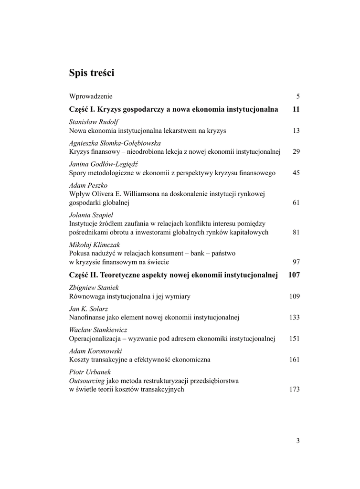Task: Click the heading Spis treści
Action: tap(92, 74)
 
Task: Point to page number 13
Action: tap(296, 130)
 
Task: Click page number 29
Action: tap(296, 151)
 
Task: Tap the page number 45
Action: tap(296, 172)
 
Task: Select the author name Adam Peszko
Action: tap(88, 185)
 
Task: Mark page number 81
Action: tap(296, 232)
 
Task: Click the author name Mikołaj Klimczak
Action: tap(95, 245)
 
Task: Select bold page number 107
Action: tap(294, 275)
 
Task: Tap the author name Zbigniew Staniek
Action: tap(93, 287)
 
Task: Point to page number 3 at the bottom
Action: tap(298, 441)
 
